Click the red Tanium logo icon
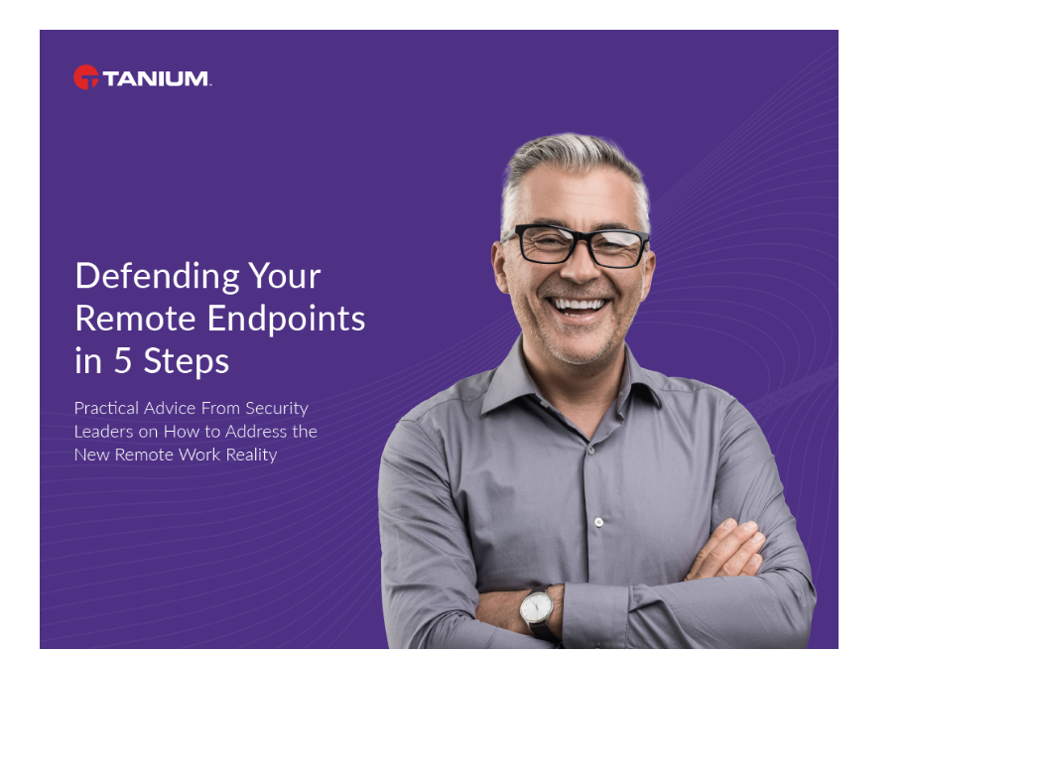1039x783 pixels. pyautogui.click(x=86, y=77)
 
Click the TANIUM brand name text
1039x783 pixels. pyautogui.click(x=157, y=78)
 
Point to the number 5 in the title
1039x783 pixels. pyautogui.click(x=122, y=361)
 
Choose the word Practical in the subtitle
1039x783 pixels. pyautogui.click(x=109, y=408)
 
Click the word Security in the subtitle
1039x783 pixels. pyautogui.click(x=276, y=408)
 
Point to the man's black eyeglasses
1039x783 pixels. pyautogui.click(x=577, y=245)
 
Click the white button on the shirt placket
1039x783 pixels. pyautogui.click(x=598, y=521)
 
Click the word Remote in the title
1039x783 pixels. pyautogui.click(x=136, y=319)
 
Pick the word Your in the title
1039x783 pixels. pyautogui.click(x=285, y=275)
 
